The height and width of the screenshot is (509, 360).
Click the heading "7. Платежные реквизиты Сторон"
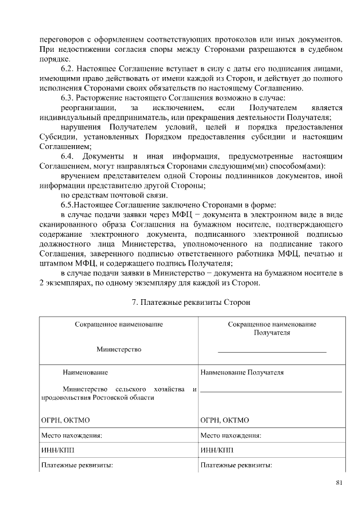point(191,302)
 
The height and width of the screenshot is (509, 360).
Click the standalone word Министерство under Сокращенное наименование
point(119,349)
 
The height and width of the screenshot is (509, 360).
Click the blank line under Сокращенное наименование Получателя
point(272,352)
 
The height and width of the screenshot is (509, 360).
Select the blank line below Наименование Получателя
point(271,390)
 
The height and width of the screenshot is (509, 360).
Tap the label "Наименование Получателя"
point(242,372)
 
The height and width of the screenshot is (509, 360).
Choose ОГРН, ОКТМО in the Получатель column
point(224,420)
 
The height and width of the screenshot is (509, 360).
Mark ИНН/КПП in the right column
point(216,450)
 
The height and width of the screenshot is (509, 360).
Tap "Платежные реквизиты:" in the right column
point(236,465)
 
